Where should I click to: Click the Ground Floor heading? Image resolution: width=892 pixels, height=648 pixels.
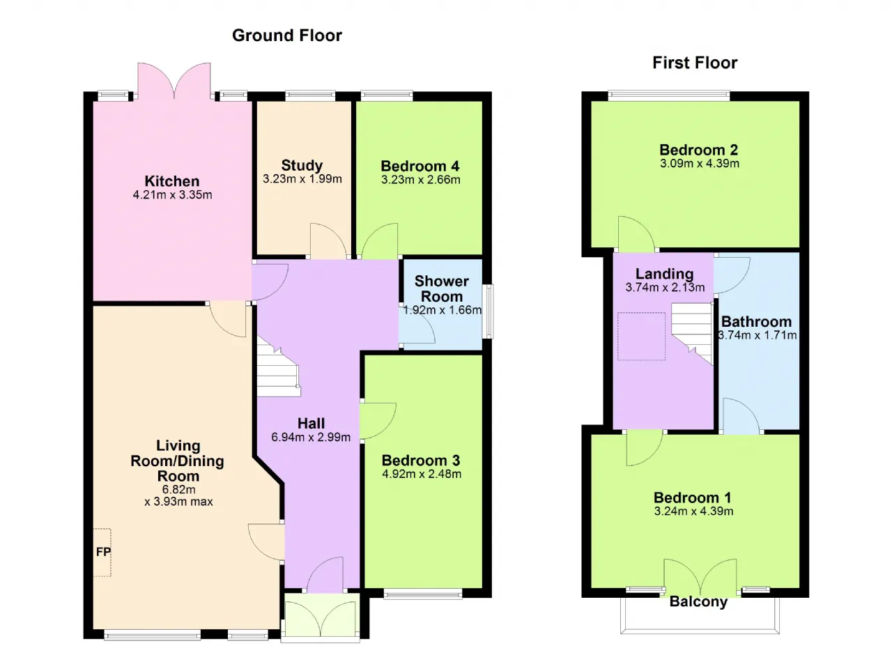coord(286,36)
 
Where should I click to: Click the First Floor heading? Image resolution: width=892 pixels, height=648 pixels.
coord(695,63)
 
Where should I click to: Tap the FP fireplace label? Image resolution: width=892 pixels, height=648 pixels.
coord(104,552)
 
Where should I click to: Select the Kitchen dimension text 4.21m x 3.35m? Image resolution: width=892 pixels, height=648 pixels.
coord(172,195)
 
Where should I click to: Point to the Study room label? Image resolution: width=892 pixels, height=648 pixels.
coord(302,165)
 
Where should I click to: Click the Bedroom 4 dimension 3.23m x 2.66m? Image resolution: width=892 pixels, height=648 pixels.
coord(420,180)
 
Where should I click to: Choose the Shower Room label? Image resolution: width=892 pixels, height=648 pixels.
coord(442,288)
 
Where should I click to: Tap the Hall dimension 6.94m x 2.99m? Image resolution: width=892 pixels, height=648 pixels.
coord(311,438)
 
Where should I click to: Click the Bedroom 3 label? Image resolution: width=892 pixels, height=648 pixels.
coord(421,461)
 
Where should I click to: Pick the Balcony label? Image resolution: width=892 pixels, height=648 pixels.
coord(698,601)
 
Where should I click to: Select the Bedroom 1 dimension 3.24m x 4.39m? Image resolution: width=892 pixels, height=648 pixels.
coord(693,511)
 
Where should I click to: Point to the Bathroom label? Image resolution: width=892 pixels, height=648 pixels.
coord(756,322)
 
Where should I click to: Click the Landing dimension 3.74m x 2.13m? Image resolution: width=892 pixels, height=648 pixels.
coord(665,287)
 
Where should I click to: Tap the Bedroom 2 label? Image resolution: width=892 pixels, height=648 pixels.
coord(699,150)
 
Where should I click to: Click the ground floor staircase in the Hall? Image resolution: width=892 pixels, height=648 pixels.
coord(277,368)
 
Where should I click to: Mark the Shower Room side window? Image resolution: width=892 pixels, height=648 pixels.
coord(488,311)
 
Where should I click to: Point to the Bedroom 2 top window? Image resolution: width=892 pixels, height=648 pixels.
coord(669,95)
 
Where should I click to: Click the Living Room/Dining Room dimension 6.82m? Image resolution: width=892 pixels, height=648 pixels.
coord(178,489)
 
